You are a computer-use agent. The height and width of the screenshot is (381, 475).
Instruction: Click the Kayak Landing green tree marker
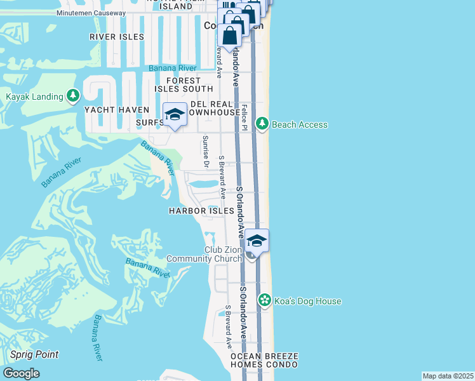[74, 96]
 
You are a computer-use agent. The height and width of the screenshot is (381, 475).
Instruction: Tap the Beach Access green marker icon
[262, 124]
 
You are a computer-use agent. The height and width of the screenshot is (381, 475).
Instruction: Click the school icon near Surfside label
[175, 115]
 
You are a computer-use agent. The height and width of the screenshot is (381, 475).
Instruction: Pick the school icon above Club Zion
[257, 241]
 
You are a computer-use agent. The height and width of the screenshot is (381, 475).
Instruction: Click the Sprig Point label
[34, 354]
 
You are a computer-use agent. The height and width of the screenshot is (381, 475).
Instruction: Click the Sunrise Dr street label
[205, 151]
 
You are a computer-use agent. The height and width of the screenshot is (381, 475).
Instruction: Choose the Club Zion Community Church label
[204, 254]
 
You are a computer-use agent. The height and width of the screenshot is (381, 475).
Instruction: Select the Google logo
[22, 373]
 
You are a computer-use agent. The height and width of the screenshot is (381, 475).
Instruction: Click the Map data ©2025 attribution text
[448, 376]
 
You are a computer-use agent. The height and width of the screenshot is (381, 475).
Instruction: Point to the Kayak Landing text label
[34, 97]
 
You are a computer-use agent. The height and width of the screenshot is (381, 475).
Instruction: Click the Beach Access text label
[299, 124]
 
